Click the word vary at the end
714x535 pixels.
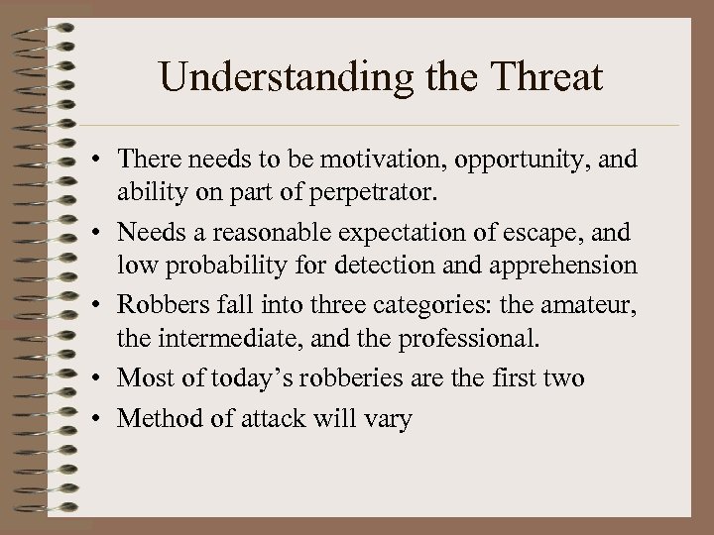coord(391,419)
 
